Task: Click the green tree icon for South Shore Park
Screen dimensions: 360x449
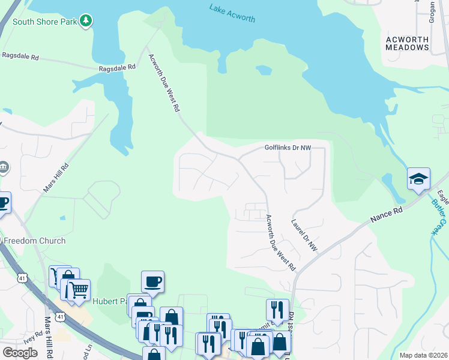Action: [87, 21]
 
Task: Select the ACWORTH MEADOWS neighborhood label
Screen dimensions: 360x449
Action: [407, 44]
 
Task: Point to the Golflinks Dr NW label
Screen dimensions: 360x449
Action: [288, 148]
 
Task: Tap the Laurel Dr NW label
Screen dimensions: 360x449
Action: [304, 235]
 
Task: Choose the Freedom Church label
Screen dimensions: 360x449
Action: [34, 241]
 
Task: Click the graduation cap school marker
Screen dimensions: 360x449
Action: [418, 179]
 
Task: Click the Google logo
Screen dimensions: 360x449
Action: [20, 352]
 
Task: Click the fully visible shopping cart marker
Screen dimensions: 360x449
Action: [78, 290]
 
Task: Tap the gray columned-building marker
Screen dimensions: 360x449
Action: [3, 166]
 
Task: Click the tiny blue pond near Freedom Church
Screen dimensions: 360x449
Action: [62, 218]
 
